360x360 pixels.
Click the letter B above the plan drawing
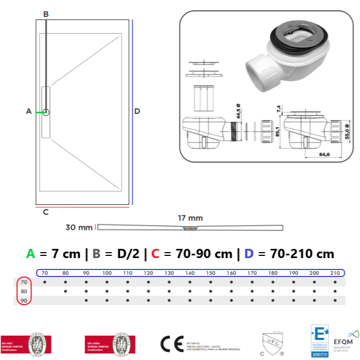46,14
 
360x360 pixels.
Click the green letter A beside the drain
29,111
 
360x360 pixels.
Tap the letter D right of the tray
137,111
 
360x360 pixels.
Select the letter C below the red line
46,212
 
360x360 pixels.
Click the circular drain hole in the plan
46,112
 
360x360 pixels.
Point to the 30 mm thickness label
79,227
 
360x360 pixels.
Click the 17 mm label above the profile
190,218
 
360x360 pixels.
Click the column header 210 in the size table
335,273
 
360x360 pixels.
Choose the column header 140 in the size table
189,273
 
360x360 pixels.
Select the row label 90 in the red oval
23,300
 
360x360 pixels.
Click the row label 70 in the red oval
23,282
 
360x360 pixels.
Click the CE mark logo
172,344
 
